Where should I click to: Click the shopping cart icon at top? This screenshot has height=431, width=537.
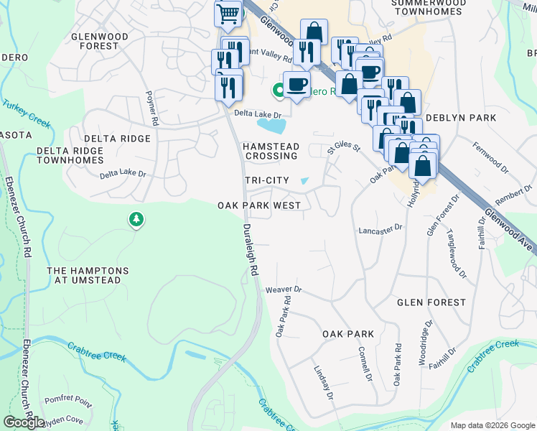click(x=228, y=13)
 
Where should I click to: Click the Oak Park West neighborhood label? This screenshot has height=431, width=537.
click(x=259, y=205)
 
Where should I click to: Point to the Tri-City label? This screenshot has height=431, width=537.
click(x=267, y=180)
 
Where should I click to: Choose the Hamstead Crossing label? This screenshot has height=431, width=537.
click(x=270, y=151)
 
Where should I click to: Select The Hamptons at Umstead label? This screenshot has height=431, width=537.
click(x=88, y=275)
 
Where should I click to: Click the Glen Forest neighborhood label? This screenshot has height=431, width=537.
click(x=431, y=302)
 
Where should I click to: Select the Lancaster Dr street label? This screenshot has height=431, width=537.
click(x=380, y=230)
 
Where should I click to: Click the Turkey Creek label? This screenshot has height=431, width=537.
click(x=27, y=113)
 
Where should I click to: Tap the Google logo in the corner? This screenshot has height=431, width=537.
click(x=24, y=422)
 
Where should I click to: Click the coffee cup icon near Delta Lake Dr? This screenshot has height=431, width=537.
click(x=296, y=85)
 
